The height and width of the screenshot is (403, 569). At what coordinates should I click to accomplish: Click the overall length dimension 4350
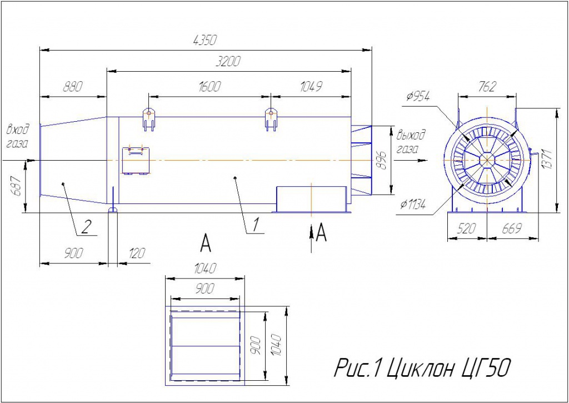[x=205, y=40]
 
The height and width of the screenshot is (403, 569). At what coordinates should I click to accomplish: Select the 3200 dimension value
[x=228, y=62]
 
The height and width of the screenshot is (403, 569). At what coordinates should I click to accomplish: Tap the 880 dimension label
[x=73, y=87]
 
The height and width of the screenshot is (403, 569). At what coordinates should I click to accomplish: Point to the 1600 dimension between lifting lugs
[x=209, y=87]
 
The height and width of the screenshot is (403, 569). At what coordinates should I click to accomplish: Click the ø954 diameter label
[x=418, y=97]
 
